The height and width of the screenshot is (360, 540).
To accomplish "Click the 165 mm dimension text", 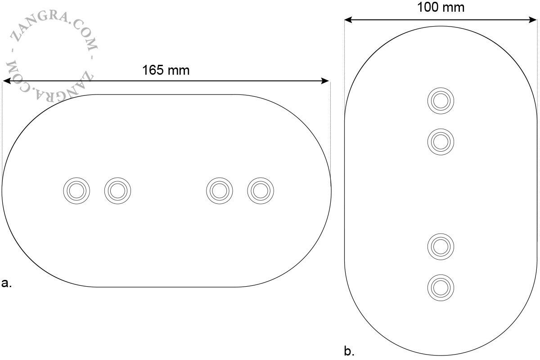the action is pos(166,70).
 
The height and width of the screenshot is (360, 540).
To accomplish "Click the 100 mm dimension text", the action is pos(441,7).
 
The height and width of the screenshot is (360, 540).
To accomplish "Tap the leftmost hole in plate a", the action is pos(76,191).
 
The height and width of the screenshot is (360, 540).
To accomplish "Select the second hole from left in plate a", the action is pos(117,191).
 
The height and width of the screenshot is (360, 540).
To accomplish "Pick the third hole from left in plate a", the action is pos(220,191).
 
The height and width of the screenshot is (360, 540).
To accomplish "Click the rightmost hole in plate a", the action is pos(261,191).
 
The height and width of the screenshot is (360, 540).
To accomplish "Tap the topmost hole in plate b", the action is pos(441,101).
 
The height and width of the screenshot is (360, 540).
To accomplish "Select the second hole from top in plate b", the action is pos(441,142).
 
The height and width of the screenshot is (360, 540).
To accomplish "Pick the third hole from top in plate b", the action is pos(441,247).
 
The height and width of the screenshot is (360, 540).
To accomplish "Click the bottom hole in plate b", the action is pos(441,288).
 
